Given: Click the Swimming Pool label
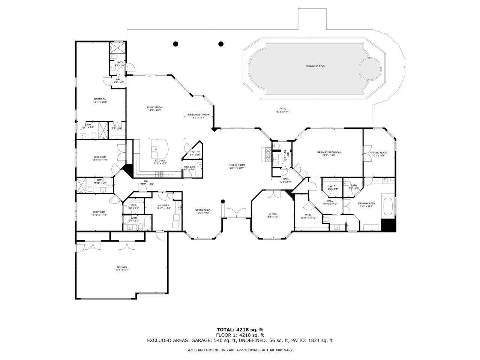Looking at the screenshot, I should [315, 66].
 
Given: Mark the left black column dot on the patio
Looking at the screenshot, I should [175, 44].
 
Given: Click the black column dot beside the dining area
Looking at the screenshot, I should [223, 201].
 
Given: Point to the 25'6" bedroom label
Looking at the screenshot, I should [100, 100].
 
